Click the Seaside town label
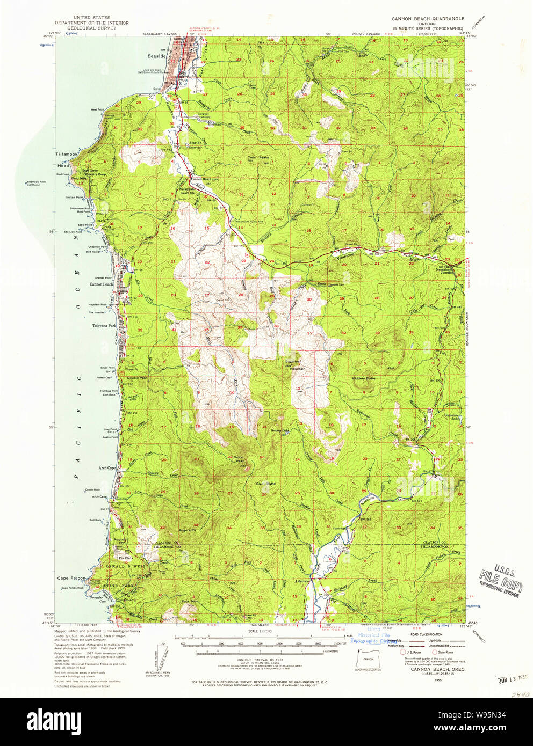click(157, 56)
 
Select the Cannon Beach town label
click(101, 284)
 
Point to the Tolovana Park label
click(104, 326)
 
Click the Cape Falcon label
click(71, 579)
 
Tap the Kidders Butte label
click(364, 378)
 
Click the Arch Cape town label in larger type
click(106, 468)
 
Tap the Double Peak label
click(137, 378)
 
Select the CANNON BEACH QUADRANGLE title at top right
click(428, 19)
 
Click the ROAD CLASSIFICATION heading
click(426, 634)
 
